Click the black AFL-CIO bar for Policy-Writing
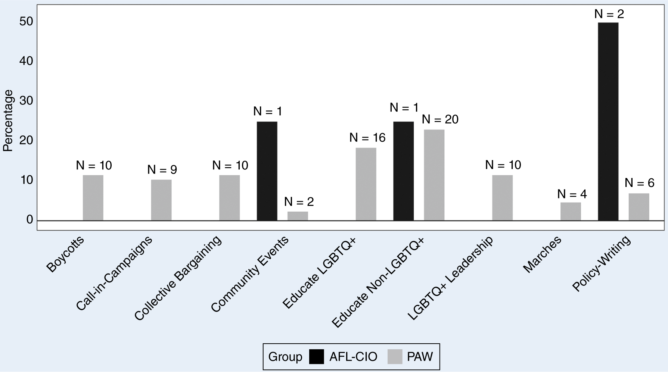tap(608, 121)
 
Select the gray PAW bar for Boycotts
tap(93, 198)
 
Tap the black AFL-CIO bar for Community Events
tap(267, 171)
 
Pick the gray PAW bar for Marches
tap(571, 211)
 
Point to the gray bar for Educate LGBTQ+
tap(366, 184)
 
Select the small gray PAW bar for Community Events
tap(298, 216)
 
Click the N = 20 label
tap(440, 119)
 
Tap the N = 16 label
tap(367, 138)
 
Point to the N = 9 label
tap(162, 170)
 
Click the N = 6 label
tap(640, 183)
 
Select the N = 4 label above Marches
tap(572, 194)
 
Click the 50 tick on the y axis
tap(27, 22)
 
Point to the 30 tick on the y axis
tap(27, 101)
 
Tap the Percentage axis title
tap(8, 121)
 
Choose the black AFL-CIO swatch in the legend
tap(317, 357)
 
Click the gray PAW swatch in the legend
tap(395, 357)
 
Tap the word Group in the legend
tap(285, 357)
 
